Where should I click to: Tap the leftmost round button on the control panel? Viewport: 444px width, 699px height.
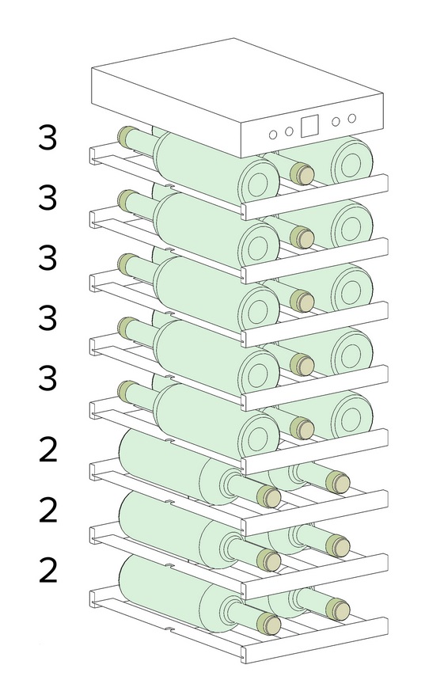(273, 135)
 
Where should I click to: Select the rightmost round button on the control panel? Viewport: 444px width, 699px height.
(351, 118)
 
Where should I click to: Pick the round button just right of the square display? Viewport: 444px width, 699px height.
(336, 121)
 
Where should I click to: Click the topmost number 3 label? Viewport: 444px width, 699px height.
(47, 138)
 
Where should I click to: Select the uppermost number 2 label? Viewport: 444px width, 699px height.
(48, 450)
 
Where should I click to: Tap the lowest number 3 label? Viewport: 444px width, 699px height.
(47, 378)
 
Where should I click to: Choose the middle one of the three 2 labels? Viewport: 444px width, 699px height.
(48, 510)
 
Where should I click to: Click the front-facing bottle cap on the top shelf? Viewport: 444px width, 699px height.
(302, 173)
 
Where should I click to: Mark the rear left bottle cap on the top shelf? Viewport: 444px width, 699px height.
(127, 135)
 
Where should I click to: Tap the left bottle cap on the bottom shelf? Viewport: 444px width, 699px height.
(269, 623)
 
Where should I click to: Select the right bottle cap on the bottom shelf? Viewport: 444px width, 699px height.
(337, 609)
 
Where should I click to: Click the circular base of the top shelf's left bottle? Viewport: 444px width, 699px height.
(259, 181)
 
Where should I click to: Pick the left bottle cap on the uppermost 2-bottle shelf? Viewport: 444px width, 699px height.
(269, 496)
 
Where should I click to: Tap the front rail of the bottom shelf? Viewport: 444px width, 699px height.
(314, 640)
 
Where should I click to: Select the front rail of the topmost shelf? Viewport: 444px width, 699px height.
(314, 197)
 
